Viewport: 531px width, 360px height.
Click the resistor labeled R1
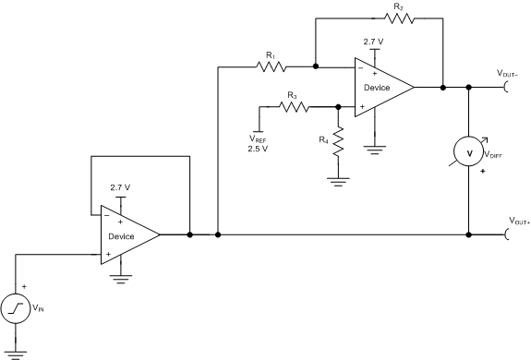(271, 66)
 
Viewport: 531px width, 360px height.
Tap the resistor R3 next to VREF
(293, 106)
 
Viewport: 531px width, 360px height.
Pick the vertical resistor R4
(339, 145)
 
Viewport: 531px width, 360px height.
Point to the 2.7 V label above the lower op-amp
(120, 187)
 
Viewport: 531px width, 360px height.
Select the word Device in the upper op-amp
(376, 88)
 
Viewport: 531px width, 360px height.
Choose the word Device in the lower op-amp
(121, 236)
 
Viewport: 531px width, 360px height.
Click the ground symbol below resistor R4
(339, 182)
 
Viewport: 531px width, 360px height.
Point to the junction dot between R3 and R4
(339, 106)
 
